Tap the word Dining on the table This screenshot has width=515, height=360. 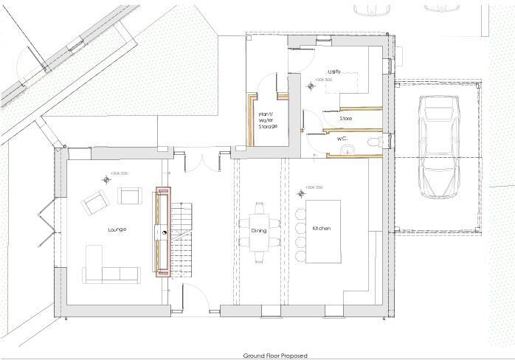click(259, 230)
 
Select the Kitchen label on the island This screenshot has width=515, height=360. click(322, 229)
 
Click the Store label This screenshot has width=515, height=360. click(345, 118)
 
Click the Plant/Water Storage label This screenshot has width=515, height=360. click(267, 121)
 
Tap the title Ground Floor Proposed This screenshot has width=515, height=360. click(275, 355)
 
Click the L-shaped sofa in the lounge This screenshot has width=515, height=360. click(107, 269)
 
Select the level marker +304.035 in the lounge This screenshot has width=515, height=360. click(119, 173)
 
